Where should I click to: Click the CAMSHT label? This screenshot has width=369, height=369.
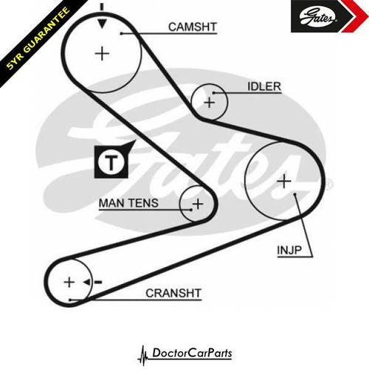click(193, 27)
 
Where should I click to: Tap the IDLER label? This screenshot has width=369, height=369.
click(264, 86)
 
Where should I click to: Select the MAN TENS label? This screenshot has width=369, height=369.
click(128, 203)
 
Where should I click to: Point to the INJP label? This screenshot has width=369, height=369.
click(289, 250)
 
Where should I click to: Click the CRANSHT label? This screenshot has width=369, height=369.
click(173, 293)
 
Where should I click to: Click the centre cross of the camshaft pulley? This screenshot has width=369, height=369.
click(102, 54)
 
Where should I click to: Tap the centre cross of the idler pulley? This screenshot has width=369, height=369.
click(210, 103)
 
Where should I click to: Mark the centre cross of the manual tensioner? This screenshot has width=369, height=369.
click(198, 204)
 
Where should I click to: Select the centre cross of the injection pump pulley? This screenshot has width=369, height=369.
click(284, 182)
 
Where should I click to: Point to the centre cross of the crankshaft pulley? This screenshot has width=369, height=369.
click(69, 282)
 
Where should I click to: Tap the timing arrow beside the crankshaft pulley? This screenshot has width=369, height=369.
click(92, 282)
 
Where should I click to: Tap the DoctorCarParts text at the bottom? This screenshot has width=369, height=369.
click(192, 353)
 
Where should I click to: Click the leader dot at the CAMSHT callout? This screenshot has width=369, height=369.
click(121, 33)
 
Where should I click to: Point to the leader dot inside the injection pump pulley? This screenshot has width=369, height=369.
click(294, 194)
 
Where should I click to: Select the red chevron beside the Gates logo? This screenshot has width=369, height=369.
click(356, 16)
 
